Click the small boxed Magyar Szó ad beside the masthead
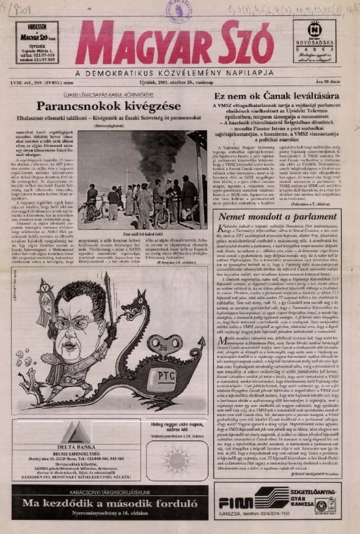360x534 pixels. click(x=37, y=43)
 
